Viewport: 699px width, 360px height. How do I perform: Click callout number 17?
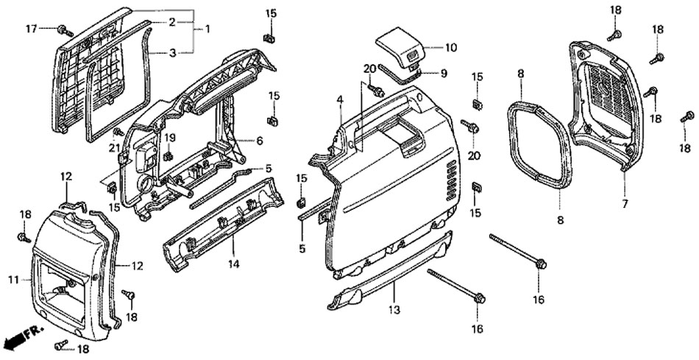click(31, 29)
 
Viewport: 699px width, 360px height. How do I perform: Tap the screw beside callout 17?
click(65, 30)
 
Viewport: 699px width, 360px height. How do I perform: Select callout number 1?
click(207, 29)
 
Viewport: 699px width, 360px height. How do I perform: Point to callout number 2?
click(171, 22)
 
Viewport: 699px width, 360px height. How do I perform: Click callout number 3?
click(172, 53)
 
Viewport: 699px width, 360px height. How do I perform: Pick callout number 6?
click(260, 141)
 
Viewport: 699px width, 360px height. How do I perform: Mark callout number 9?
click(444, 73)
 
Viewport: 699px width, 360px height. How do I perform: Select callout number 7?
click(625, 204)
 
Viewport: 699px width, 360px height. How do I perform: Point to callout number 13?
click(394, 309)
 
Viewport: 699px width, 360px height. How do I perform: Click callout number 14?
click(233, 264)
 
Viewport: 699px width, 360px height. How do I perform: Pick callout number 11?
click(13, 280)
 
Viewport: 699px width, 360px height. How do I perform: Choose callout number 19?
click(169, 138)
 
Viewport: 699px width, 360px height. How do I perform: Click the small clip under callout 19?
click(168, 155)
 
